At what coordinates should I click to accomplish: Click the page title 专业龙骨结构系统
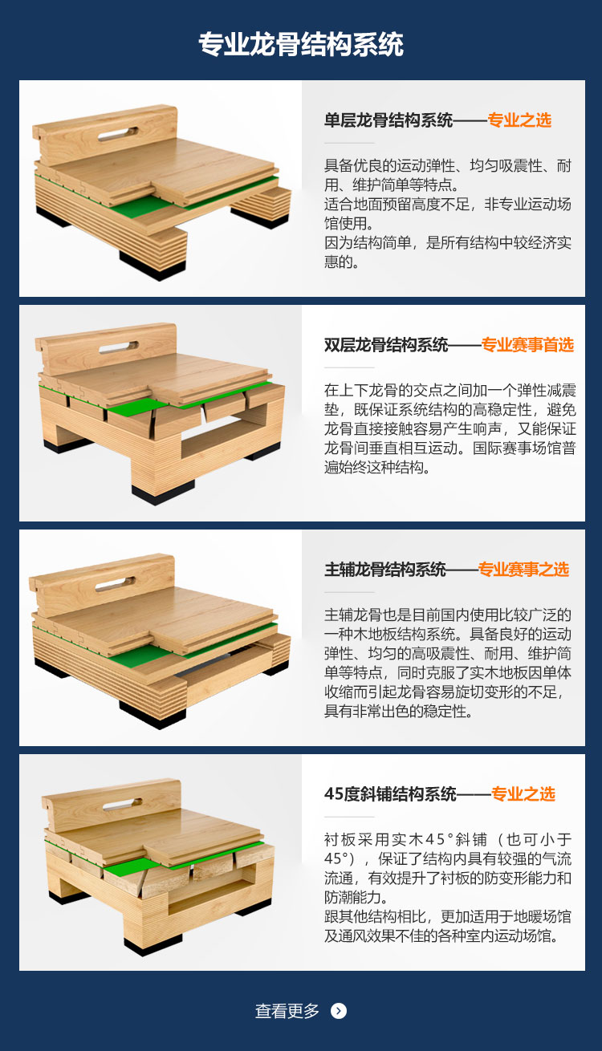301,44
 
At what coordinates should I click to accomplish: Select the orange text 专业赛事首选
527,345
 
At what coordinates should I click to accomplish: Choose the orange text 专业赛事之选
523,570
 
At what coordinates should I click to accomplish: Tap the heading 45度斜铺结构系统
390,794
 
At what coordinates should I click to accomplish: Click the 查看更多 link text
287,1011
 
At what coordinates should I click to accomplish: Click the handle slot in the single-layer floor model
119,129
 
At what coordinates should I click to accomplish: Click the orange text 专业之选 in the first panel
519,120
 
